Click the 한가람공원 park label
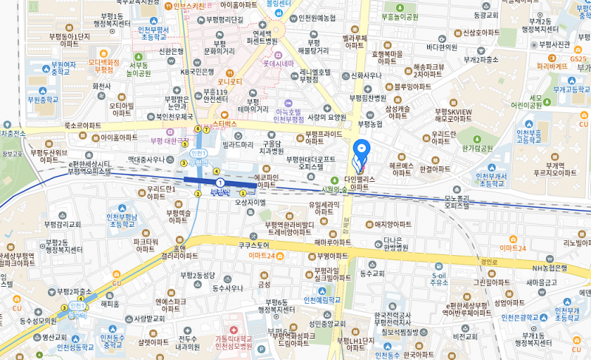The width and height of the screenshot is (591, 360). [476, 148]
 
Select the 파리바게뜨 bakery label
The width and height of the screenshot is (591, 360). [553, 66]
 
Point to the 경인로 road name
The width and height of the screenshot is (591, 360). [488, 261]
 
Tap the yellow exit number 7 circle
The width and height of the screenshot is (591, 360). [197, 129]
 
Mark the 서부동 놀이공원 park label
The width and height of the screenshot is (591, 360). [139, 69]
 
